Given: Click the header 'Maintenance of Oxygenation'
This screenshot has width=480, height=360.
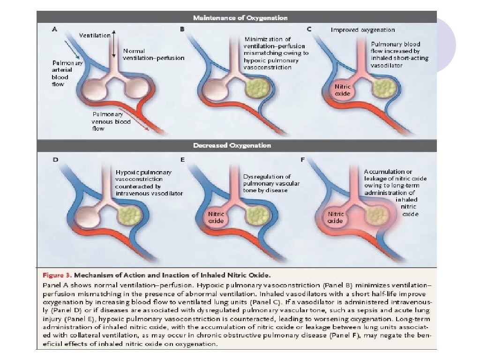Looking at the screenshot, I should click(240, 18).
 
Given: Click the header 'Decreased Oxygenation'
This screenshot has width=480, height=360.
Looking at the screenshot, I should click(240, 146).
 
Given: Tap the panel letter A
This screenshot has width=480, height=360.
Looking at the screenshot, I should click(54, 29).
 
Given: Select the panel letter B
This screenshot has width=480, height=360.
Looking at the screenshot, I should click(182, 29).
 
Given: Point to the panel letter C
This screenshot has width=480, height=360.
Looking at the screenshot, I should click(309, 29).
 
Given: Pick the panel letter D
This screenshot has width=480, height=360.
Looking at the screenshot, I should click(55, 159).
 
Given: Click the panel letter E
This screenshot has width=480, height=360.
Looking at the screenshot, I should click(182, 159).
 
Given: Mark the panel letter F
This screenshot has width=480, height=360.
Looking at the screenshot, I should click(303, 159).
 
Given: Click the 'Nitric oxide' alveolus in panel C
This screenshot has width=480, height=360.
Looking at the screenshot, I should click(342, 89).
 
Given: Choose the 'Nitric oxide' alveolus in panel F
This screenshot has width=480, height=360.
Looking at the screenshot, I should click(336, 217).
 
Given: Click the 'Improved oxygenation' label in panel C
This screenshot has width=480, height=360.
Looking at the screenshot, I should click(363, 30).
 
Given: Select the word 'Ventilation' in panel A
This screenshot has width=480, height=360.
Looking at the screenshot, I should click(95, 35).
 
